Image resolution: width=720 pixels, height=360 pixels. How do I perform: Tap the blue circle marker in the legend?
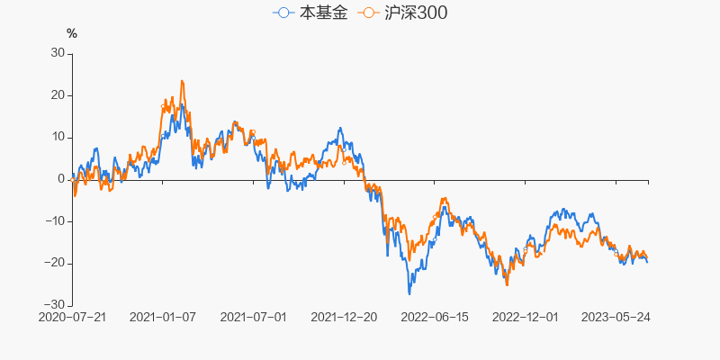pos(284,13)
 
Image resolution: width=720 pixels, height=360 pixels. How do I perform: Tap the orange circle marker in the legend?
pos(367,13)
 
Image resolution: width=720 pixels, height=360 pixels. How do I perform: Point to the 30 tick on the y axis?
pos(58,53)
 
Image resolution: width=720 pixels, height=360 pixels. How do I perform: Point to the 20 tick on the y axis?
pos(58,95)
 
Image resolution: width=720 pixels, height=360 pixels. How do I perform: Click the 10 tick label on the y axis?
pos(58,137)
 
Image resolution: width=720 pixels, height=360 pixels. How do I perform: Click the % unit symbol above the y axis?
pos(72,33)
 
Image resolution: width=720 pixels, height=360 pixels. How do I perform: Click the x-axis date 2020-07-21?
pos(73,318)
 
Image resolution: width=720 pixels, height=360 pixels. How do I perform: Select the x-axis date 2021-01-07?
pos(163,318)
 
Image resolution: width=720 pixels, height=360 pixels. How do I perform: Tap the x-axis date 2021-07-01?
pos(254,318)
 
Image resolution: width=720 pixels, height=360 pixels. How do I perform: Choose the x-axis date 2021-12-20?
pos(344,318)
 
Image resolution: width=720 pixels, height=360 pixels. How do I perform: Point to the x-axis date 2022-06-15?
pos(435,318)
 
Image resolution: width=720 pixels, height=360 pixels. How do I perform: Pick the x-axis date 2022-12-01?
pos(526,318)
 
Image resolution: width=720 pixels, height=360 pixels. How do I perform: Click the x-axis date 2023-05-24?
pos(616,318)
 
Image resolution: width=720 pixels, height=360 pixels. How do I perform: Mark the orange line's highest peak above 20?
pos(182,81)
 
